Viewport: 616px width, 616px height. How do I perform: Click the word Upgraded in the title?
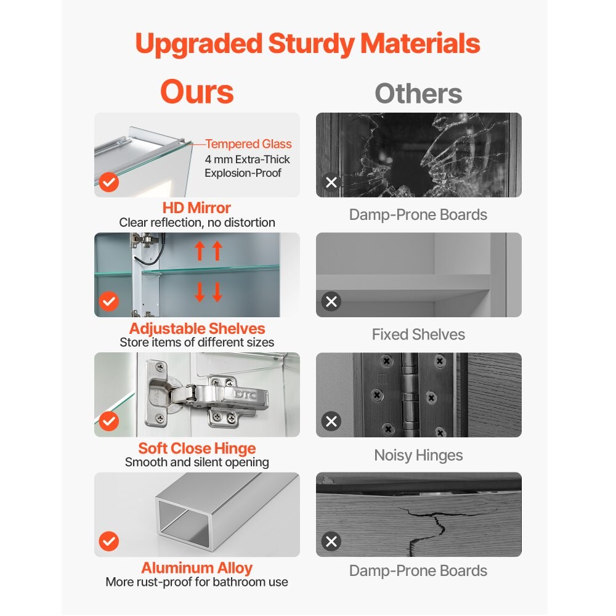(199, 44)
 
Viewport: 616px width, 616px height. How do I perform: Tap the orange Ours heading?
(197, 92)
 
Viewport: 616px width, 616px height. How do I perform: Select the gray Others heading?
(418, 94)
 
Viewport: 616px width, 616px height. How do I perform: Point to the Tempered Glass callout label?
(248, 144)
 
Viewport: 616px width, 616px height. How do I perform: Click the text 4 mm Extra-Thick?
(247, 160)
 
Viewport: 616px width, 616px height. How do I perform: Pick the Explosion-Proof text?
(243, 173)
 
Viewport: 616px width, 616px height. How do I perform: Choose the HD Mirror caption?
(197, 208)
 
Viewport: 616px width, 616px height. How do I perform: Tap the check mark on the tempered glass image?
(109, 182)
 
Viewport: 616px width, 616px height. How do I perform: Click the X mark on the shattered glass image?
(331, 182)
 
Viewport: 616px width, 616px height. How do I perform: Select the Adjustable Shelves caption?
(197, 328)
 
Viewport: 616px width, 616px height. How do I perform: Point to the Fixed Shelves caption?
(418, 334)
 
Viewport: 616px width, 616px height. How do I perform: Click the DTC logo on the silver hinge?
(245, 394)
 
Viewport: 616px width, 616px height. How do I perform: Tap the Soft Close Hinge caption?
(197, 448)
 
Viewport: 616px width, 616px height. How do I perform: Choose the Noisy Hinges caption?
(418, 455)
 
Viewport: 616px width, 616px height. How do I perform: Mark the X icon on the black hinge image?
(331, 421)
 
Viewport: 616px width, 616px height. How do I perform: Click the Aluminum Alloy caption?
(197, 568)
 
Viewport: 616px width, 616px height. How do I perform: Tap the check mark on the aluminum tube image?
(109, 541)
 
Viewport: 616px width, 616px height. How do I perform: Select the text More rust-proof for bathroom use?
(197, 582)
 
